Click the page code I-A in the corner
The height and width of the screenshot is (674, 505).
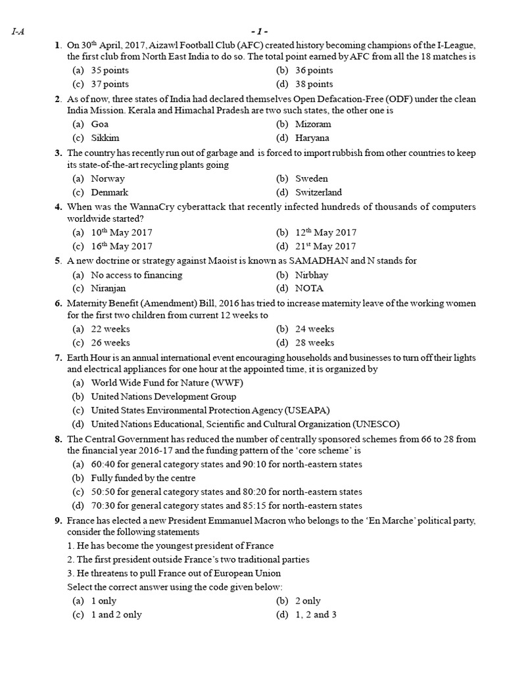[18, 31]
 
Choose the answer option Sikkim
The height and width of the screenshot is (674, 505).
[105, 138]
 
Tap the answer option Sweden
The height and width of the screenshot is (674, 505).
[311, 178]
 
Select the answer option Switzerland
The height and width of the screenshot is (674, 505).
[318, 193]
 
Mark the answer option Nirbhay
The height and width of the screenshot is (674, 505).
[312, 275]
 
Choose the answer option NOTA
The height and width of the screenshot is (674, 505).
[309, 288]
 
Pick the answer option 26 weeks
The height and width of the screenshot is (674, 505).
[110, 343]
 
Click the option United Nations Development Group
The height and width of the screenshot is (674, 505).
[164, 397]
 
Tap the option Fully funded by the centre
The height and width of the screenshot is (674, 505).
[143, 478]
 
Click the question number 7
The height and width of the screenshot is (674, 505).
[58, 357]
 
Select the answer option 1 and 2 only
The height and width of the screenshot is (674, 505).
[116, 615]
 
